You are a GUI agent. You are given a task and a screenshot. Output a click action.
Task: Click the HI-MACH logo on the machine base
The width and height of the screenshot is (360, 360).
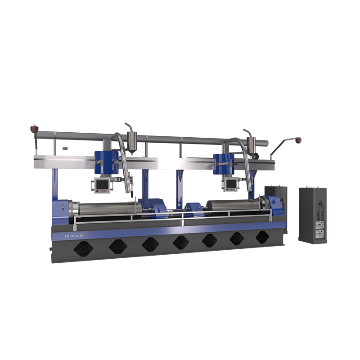click(x=74, y=236)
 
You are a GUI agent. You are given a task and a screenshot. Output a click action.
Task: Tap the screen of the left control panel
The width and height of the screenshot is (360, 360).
click(x=103, y=184)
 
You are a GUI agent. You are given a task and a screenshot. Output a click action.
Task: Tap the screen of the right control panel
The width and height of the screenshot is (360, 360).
click(x=231, y=183)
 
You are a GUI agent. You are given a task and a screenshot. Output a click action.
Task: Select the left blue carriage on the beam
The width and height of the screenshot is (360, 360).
click(x=107, y=162)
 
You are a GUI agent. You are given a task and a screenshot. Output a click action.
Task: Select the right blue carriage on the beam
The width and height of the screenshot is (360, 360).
click(x=224, y=164)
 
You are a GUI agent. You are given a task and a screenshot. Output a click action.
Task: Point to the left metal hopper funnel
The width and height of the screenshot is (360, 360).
click(x=132, y=142)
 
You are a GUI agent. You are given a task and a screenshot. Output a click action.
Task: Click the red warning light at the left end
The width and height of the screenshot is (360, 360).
click(x=34, y=129)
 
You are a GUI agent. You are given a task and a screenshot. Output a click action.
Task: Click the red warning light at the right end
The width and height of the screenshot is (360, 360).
click(x=298, y=140)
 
